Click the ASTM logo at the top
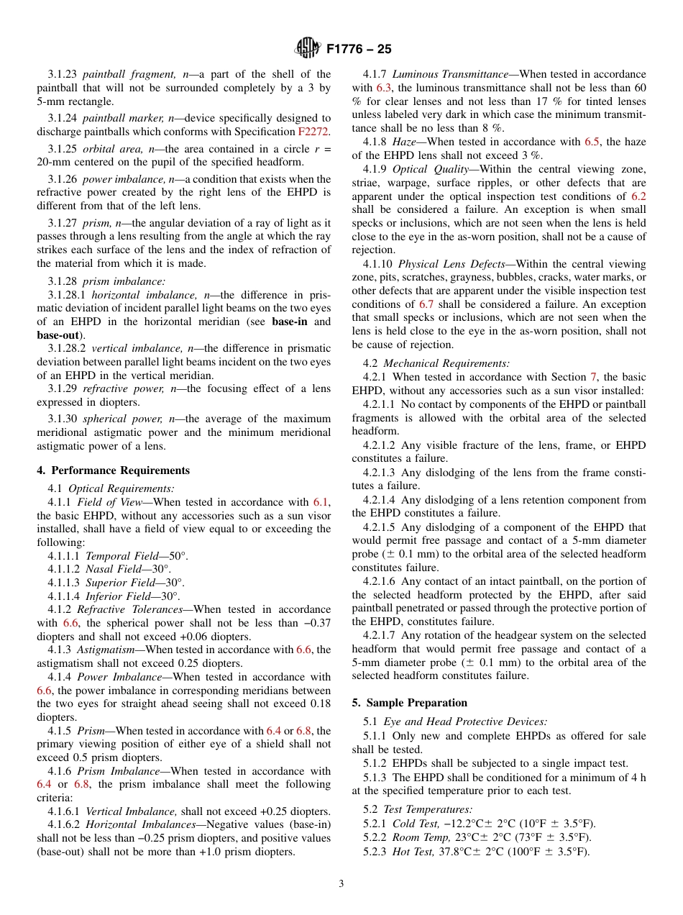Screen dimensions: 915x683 click(x=308, y=49)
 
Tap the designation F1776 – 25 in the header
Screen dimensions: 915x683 click(x=358, y=50)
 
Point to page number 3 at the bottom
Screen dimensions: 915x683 click(x=341, y=883)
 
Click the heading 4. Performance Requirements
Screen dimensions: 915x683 click(x=114, y=470)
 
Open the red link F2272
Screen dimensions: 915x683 click(x=313, y=132)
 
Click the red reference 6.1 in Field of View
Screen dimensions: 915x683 click(x=321, y=502)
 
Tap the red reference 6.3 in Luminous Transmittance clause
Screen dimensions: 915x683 click(x=386, y=88)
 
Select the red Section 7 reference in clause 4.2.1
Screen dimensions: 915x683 click(x=593, y=377)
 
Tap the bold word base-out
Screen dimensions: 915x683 click(x=58, y=335)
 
